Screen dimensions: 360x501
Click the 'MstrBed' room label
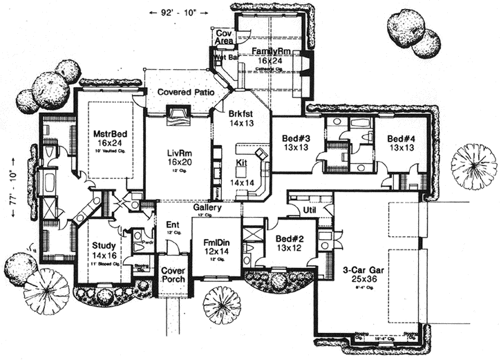(107, 134)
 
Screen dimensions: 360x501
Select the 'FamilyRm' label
(269, 52)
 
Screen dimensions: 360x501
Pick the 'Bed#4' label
(401, 138)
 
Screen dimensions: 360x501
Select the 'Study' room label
(104, 245)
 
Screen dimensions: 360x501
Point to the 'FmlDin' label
(216, 244)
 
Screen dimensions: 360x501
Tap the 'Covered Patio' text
(182, 92)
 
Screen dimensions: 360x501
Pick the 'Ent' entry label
(172, 225)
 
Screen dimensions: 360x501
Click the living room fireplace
(178, 114)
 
